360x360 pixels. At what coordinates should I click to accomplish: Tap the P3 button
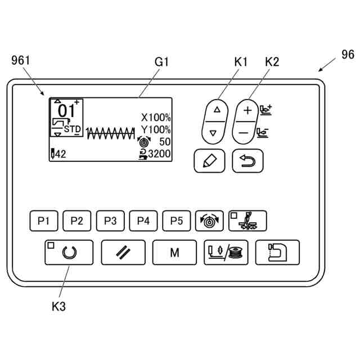[x=110, y=221]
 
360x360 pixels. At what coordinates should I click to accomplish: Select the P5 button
[x=177, y=221]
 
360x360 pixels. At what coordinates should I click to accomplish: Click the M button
[x=174, y=252]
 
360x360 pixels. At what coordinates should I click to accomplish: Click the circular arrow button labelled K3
[x=69, y=252]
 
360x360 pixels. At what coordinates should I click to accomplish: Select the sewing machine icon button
[x=277, y=252]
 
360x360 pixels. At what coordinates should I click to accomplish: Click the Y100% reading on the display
[x=156, y=130]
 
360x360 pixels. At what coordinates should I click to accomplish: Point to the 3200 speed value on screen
[x=159, y=153]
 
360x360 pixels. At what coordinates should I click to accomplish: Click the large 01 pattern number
[x=66, y=110]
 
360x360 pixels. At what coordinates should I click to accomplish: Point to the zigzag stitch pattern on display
[x=111, y=134]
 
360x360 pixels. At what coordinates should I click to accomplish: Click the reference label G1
[x=161, y=62]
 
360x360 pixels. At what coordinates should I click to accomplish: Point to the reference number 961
[x=20, y=60]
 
